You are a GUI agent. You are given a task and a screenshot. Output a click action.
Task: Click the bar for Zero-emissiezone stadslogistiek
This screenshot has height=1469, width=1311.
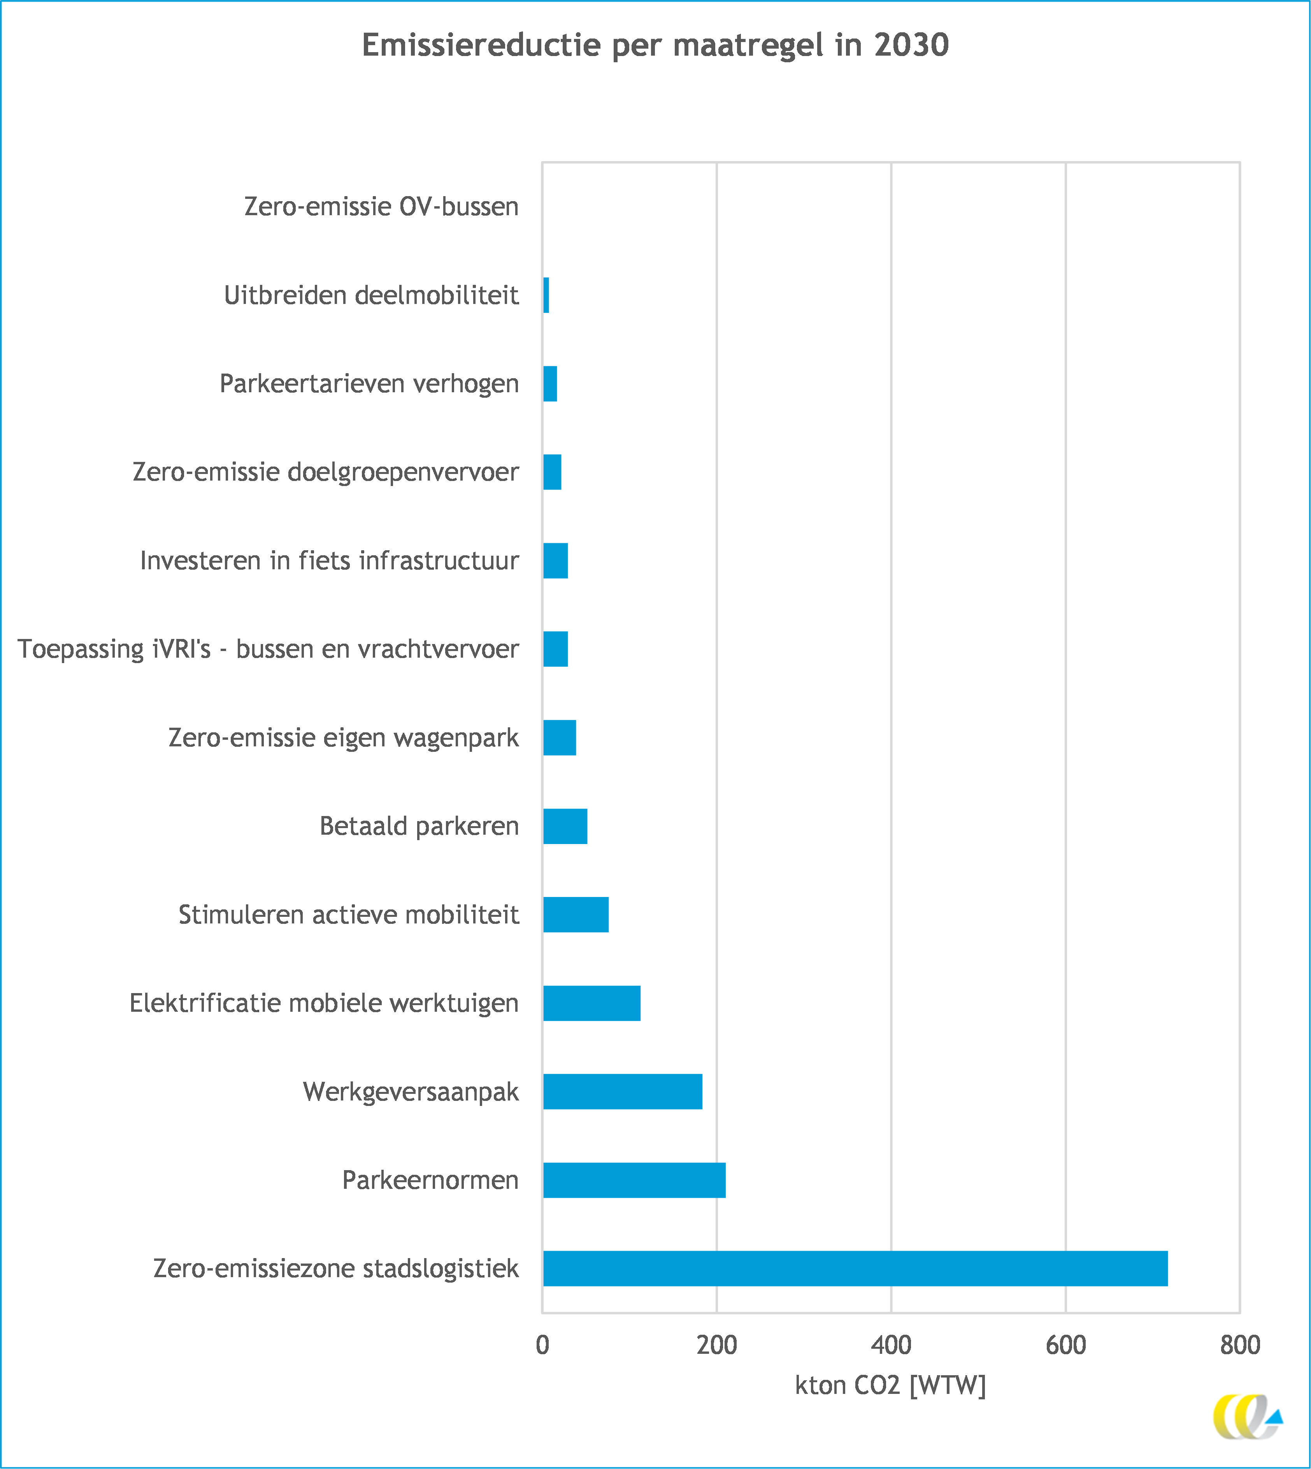click(x=855, y=1269)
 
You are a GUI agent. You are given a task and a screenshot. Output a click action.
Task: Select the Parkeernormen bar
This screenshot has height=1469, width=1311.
click(x=634, y=1180)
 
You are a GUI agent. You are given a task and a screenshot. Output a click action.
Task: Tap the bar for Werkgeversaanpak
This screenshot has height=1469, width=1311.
click(x=622, y=1092)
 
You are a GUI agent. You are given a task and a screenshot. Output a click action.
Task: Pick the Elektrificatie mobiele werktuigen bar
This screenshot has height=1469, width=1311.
click(x=591, y=1003)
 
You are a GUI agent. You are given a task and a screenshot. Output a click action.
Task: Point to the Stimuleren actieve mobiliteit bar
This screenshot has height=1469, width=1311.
click(x=576, y=914)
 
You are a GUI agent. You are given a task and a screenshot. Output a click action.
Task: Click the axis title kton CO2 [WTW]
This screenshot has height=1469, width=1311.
click(x=890, y=1385)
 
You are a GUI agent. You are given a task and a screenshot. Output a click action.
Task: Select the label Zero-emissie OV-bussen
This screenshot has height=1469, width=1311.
click(x=381, y=207)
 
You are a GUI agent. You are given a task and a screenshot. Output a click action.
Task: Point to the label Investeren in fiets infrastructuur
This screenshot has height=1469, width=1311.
click(x=329, y=560)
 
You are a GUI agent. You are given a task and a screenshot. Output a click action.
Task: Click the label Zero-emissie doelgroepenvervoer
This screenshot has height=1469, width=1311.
click(x=326, y=472)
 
